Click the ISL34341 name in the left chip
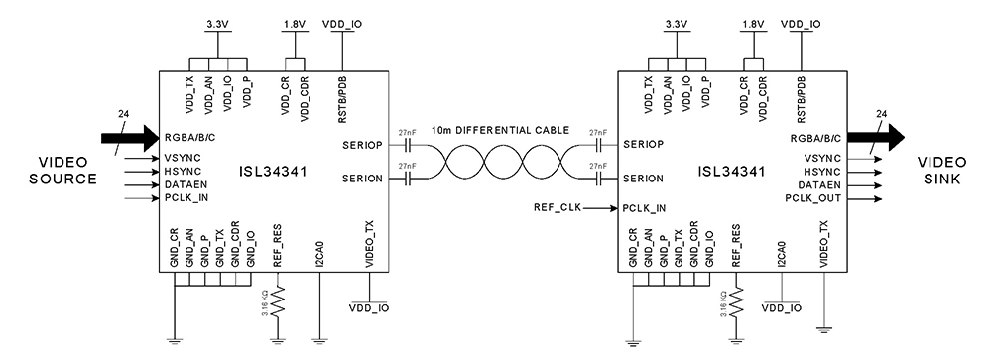[x=273, y=171]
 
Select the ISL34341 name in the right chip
[x=731, y=171]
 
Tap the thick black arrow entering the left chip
[x=127, y=137]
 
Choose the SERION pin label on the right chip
[x=646, y=179]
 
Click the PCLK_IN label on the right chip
[x=646, y=209]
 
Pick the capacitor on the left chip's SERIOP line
[x=404, y=145]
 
